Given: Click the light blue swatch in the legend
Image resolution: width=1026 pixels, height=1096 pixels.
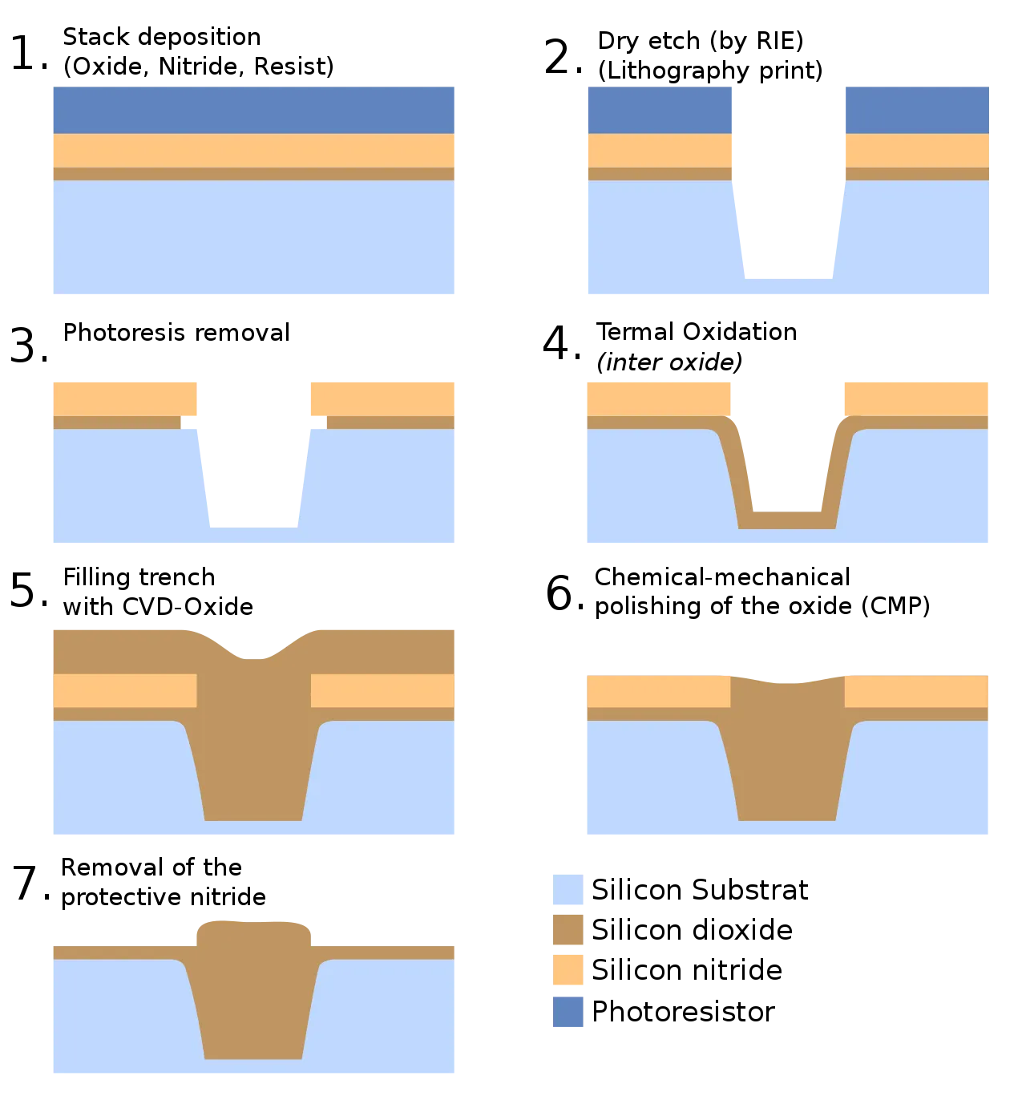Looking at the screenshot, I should pyautogui.click(x=567, y=891).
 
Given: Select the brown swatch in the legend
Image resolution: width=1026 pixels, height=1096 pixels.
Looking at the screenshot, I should pyautogui.click(x=567, y=931).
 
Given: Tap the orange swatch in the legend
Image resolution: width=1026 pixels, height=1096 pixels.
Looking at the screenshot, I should pyautogui.click(x=567, y=970).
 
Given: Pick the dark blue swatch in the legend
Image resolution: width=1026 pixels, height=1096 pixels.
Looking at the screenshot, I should pyautogui.click(x=567, y=1012).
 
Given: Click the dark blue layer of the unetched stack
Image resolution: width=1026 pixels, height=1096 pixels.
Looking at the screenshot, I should pyautogui.click(x=252, y=109).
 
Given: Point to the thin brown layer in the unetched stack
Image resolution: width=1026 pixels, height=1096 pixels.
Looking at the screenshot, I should pyautogui.click(x=252, y=173).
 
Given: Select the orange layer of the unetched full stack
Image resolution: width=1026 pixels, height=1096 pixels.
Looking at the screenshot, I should pyautogui.click(x=252, y=150).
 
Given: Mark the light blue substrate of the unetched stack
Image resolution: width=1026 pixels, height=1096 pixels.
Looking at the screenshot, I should pyautogui.click(x=252, y=237).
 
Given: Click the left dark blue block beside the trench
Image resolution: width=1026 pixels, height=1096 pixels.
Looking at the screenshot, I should pyautogui.click(x=660, y=109).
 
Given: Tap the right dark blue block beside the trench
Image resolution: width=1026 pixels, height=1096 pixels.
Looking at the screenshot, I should pyautogui.click(x=918, y=109).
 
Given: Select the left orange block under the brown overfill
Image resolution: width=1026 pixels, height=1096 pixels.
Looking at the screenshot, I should pyautogui.click(x=124, y=691).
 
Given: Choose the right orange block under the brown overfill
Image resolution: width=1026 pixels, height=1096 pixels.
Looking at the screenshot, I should pyautogui.click(x=382, y=691).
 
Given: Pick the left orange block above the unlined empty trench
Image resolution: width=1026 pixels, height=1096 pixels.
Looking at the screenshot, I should pyautogui.click(x=124, y=398).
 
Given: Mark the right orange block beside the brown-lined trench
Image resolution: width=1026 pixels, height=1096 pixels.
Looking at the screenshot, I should pyautogui.click(x=915, y=398).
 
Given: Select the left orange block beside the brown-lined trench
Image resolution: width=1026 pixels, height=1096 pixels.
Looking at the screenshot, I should pyautogui.click(x=658, y=398).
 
